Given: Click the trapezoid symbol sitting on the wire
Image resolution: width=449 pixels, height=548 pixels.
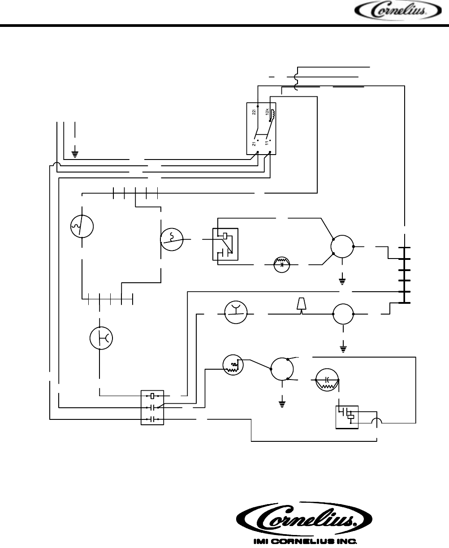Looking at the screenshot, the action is pos(301,305).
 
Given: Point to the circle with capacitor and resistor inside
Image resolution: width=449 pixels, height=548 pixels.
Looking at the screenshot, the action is pos(327,379).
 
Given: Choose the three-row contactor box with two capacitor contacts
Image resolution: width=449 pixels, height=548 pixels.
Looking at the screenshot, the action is pos(153,408).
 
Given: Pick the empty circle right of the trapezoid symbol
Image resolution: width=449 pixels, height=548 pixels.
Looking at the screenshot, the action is pos(343,313).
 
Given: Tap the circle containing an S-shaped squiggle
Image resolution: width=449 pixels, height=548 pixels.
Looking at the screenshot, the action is pos(172,238).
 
